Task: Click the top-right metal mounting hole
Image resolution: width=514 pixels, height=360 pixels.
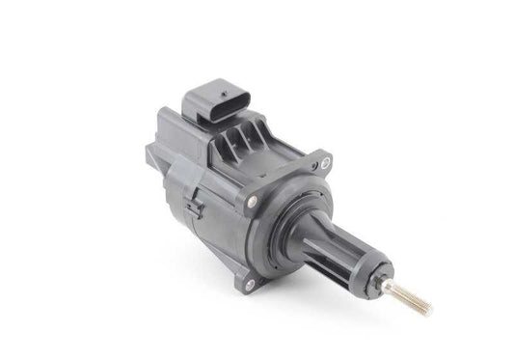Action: click(x=325, y=162)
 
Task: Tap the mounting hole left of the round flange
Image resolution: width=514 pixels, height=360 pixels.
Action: click(x=253, y=202)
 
